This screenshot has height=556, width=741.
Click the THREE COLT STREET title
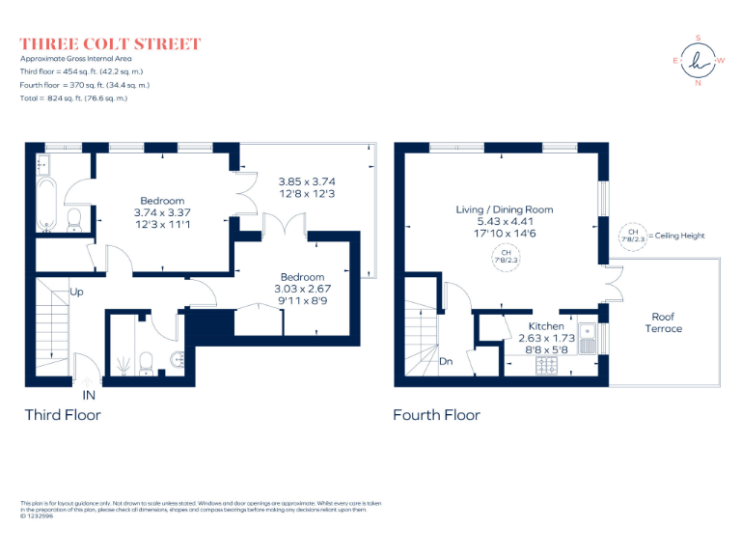(110, 43)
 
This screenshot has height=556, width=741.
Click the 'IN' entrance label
(90, 395)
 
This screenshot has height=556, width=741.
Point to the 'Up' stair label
(75, 291)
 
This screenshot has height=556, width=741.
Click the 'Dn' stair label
(446, 362)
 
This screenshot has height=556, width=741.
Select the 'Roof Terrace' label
(663, 322)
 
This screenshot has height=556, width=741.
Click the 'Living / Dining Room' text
(505, 209)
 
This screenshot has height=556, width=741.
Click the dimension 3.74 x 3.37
(162, 213)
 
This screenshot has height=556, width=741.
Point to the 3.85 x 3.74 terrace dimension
(306, 181)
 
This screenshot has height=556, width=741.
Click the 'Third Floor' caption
(62, 415)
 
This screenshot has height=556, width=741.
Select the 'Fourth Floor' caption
(436, 415)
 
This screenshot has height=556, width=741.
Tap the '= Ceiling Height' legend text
(679, 236)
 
